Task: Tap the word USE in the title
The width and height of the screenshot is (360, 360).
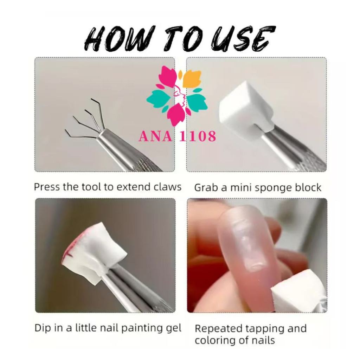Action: (x=243, y=38)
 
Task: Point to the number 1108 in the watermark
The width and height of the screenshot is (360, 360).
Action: (x=198, y=136)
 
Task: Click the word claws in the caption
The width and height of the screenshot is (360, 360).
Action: (x=168, y=187)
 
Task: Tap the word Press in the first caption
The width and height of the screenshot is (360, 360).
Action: (x=47, y=187)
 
